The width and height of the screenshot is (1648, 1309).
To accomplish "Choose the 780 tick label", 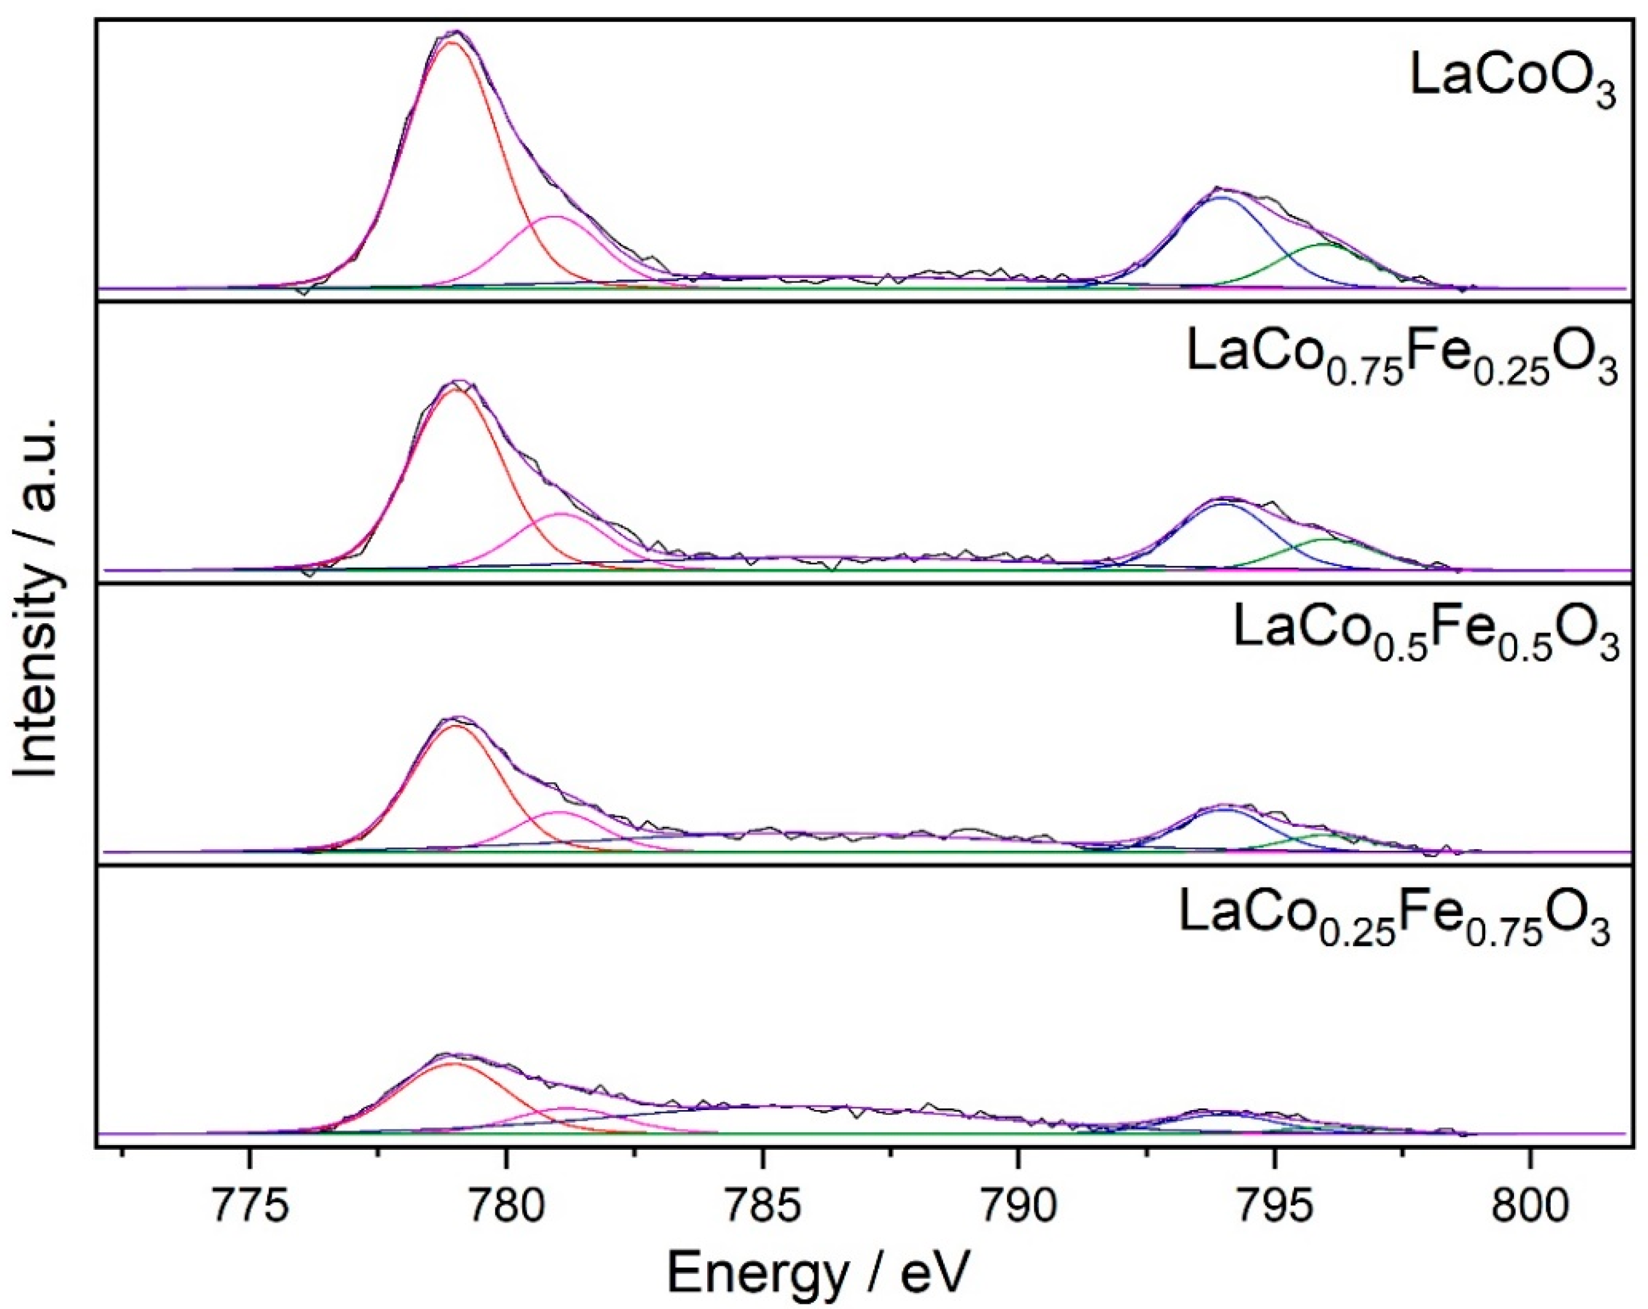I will point(505,1205).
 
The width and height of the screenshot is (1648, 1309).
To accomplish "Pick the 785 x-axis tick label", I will point(761,1205).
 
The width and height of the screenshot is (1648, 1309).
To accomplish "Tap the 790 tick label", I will point(1017,1205).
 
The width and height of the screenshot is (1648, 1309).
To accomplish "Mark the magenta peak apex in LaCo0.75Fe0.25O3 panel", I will point(562,514).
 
